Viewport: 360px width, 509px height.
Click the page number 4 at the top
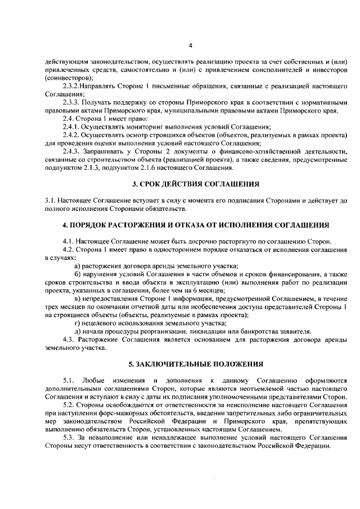coord(190,46)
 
